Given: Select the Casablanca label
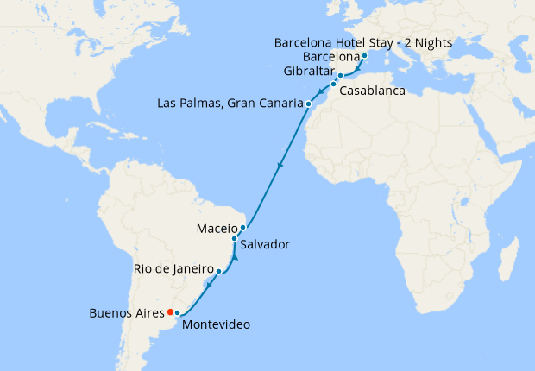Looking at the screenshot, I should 373,90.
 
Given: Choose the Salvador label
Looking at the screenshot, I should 265,245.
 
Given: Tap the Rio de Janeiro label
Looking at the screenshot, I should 173,269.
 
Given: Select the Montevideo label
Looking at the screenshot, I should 217,324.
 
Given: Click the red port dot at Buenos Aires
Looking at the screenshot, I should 170,311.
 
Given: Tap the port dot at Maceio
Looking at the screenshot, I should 243,228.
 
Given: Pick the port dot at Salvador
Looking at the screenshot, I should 235,238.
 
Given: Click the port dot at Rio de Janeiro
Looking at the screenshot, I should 218,271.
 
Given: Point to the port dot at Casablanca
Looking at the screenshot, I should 333,85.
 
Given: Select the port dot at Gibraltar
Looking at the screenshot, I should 340,76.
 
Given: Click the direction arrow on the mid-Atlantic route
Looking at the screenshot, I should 280,165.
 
